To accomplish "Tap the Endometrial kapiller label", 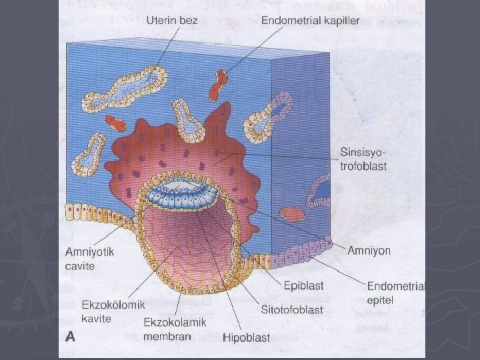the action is click(311, 21).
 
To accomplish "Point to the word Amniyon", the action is click(369, 251).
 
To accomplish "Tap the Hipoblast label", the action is click(247, 337).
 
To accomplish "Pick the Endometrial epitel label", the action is click(396, 293).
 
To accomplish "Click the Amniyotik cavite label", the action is click(89, 259).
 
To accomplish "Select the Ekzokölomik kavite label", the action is click(105, 312).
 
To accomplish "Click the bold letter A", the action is click(70, 337).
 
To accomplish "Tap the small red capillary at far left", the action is click(118, 123).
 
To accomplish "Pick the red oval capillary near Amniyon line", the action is click(291, 214).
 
